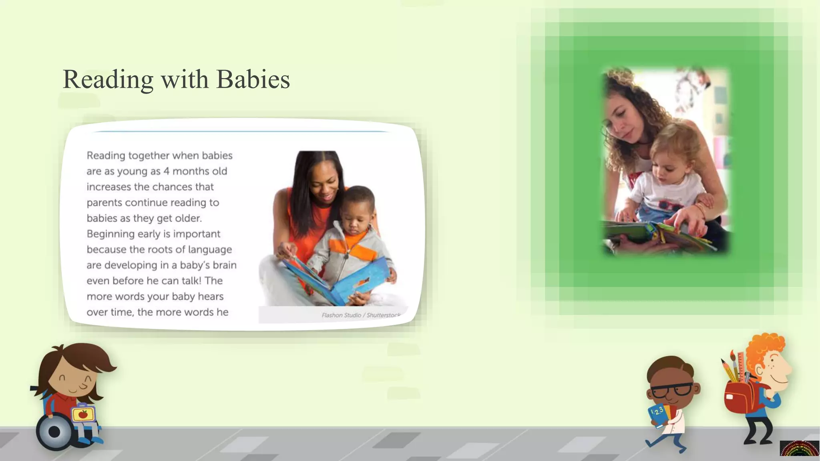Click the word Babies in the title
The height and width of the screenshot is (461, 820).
point(253,79)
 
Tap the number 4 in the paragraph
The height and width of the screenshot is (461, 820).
point(166,171)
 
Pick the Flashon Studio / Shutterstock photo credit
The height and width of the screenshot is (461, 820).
point(360,315)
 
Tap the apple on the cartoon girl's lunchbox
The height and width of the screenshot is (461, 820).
point(83,414)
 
